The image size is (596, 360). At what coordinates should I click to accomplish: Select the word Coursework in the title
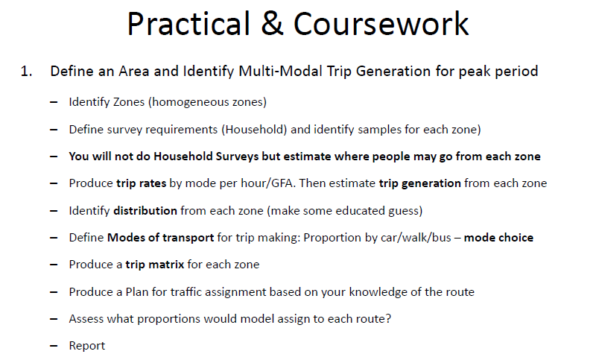point(381,24)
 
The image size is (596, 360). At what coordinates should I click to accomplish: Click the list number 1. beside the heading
point(27,72)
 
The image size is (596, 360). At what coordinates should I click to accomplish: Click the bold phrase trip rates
point(142,183)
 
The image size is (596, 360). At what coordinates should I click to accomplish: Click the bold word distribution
point(145,211)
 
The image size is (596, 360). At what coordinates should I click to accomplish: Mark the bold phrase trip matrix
point(155,265)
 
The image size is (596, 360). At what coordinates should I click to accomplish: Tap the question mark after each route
point(388,318)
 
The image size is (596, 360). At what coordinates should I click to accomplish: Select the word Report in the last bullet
point(87,346)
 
